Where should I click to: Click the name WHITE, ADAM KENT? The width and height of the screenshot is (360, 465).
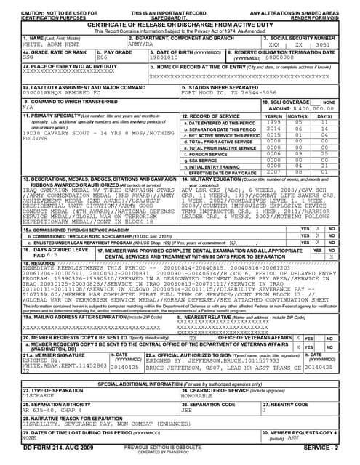click(x=32, y=44)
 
